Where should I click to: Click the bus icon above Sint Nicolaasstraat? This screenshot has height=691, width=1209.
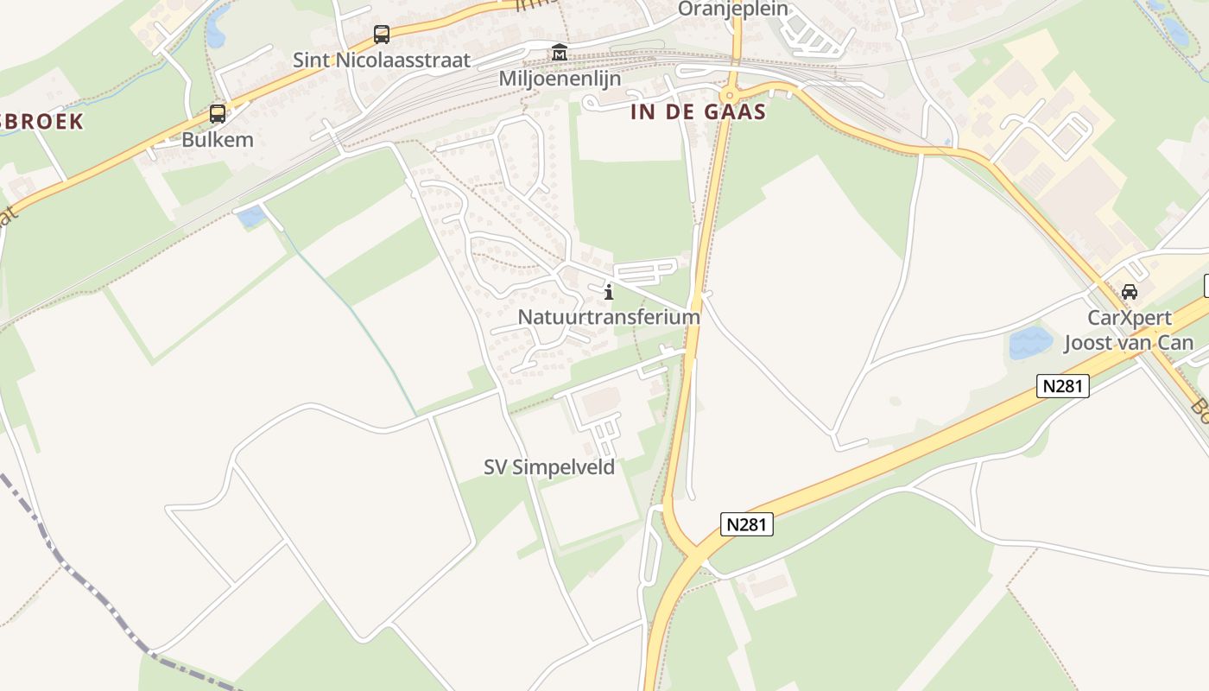click(381, 35)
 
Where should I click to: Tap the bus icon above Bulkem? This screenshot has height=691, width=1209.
click(218, 114)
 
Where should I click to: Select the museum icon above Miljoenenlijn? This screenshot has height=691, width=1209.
click(559, 53)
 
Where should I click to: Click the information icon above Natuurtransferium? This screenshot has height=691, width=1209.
click(609, 292)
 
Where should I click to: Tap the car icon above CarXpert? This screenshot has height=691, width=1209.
click(1130, 292)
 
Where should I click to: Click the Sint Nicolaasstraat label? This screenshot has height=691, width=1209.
click(382, 60)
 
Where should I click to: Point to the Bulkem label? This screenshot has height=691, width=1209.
click(218, 139)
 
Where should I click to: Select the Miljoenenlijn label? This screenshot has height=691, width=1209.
click(560, 78)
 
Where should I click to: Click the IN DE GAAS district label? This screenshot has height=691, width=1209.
click(699, 111)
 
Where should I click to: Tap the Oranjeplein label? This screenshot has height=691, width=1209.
click(733, 9)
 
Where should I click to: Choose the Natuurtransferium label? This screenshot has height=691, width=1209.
click(609, 317)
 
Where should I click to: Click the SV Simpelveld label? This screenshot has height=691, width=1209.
click(549, 467)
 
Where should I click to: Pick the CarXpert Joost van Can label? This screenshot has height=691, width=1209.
click(1129, 330)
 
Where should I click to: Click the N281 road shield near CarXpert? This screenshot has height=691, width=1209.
click(1062, 386)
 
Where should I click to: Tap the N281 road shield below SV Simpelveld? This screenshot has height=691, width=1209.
click(746, 523)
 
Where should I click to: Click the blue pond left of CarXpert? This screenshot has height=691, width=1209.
click(1030, 342)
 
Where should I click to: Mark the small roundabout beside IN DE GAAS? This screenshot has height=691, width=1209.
click(730, 96)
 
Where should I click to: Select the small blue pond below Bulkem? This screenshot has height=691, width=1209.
click(252, 216)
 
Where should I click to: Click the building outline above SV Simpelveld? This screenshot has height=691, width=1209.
click(600, 403)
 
